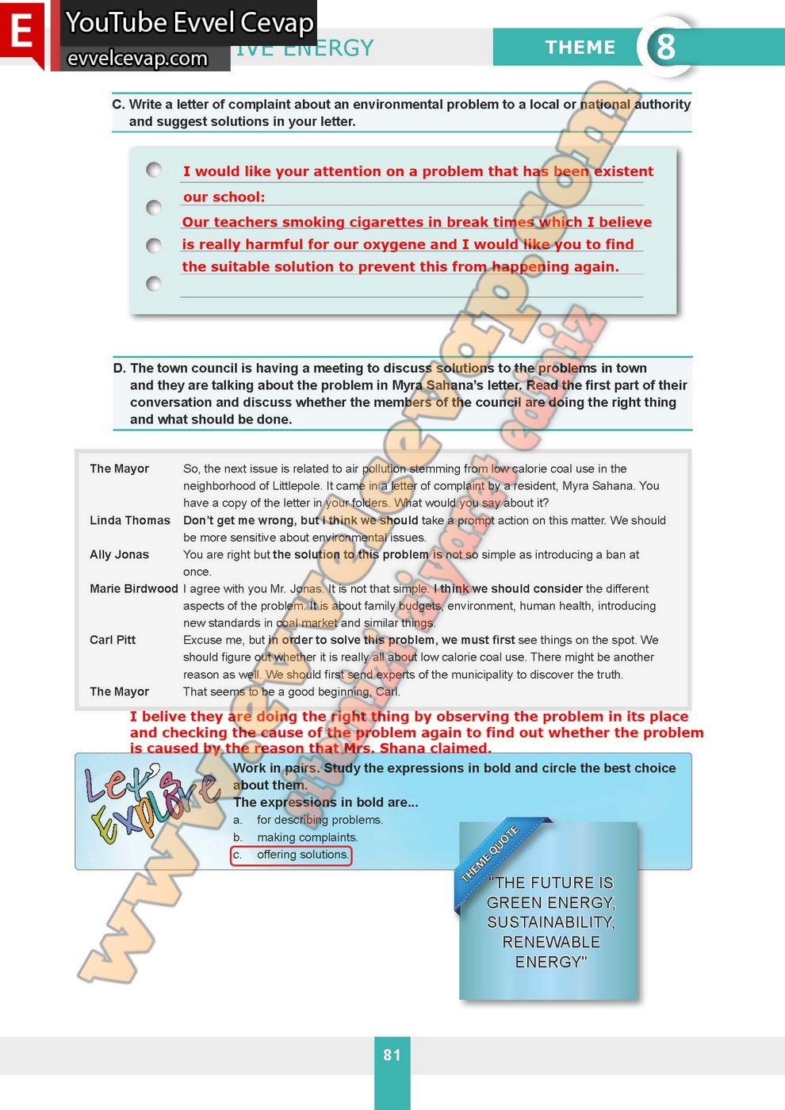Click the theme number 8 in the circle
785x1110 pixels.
[665, 47]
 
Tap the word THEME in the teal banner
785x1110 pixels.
[580, 48]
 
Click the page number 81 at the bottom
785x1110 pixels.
[392, 1054]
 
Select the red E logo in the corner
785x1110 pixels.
[21, 33]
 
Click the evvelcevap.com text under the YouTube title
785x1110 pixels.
[137, 59]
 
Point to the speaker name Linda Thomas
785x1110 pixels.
[130, 520]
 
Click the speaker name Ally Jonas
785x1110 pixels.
[119, 554]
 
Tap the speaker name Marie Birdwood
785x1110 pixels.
[133, 588]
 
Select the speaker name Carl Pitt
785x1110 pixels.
[113, 640]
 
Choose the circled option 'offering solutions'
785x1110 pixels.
[291, 855]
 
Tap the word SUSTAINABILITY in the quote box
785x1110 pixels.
[550, 922]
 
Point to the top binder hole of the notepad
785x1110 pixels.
[154, 170]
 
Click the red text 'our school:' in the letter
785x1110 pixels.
[224, 197]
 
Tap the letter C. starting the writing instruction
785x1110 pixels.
[118, 104]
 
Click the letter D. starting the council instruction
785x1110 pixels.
[120, 368]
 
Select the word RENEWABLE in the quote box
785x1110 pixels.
[550, 942]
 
